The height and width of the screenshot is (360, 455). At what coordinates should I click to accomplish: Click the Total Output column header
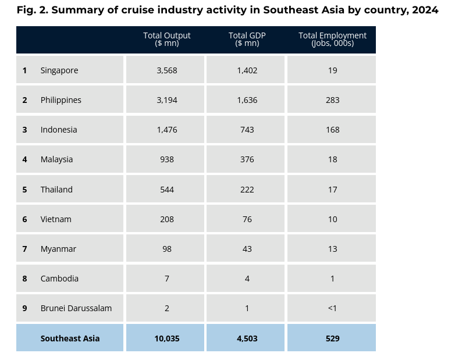coord(166,40)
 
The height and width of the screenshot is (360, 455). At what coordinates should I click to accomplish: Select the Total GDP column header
coord(247,40)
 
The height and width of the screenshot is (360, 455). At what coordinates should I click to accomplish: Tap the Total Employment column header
coord(332,40)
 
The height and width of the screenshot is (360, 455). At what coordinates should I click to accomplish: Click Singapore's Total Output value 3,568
coord(166,70)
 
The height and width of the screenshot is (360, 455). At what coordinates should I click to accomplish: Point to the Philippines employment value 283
coord(332,100)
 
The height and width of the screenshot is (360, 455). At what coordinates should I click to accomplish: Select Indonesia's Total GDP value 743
coord(247,130)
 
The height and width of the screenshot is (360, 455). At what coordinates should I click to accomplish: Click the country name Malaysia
coord(56,159)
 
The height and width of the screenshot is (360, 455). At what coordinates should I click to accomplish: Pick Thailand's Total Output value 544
coord(166,190)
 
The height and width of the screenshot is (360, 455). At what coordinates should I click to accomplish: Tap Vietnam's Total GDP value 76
coord(247,219)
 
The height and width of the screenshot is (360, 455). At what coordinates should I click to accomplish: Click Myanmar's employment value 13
coord(332,249)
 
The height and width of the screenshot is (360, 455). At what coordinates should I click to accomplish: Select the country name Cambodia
coord(59,279)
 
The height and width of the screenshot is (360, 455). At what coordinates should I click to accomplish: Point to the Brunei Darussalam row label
coord(76,308)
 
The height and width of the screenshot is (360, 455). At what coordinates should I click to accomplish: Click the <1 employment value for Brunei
coord(332,308)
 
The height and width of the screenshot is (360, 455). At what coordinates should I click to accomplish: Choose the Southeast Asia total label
coord(70,338)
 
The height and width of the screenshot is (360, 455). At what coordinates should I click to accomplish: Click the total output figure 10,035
coord(166,338)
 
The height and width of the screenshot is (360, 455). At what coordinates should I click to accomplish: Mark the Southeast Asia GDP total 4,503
coord(247,338)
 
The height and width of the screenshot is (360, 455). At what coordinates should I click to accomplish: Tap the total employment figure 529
coord(332,338)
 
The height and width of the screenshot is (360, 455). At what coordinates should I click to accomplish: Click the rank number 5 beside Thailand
coord(24,190)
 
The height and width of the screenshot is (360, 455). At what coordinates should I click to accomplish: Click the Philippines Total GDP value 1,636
coord(247,100)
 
